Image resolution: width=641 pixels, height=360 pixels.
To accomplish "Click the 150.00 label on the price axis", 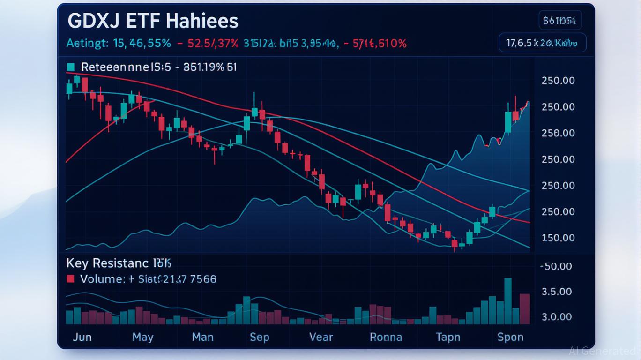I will pyautogui.click(x=558, y=238).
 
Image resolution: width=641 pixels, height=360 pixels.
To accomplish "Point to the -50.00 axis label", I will pyautogui.click(x=556, y=266).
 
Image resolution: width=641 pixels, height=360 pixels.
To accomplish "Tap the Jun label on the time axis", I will pyautogui.click(x=82, y=337).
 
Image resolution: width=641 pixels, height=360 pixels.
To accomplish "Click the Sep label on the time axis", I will pyautogui.click(x=259, y=337).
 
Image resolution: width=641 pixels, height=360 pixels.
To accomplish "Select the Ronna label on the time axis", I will pyautogui.click(x=386, y=337).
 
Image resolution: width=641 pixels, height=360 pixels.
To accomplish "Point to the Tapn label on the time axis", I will pyautogui.click(x=448, y=337).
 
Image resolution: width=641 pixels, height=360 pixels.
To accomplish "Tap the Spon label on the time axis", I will pyautogui.click(x=510, y=337).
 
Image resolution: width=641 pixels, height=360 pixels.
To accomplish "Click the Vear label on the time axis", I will pyautogui.click(x=321, y=337).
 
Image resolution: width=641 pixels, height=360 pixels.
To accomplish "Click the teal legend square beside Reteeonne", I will pyautogui.click(x=71, y=67).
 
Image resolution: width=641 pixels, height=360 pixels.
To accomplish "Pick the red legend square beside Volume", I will pyautogui.click(x=71, y=279).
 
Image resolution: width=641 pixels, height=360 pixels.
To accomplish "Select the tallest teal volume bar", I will pyautogui.click(x=508, y=301).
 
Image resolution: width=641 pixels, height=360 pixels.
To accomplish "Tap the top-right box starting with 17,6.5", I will pyautogui.click(x=542, y=43).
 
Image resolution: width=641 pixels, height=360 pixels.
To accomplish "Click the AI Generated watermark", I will pyautogui.click(x=602, y=351).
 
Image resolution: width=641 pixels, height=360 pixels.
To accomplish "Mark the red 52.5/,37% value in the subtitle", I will pyautogui.click(x=213, y=44).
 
